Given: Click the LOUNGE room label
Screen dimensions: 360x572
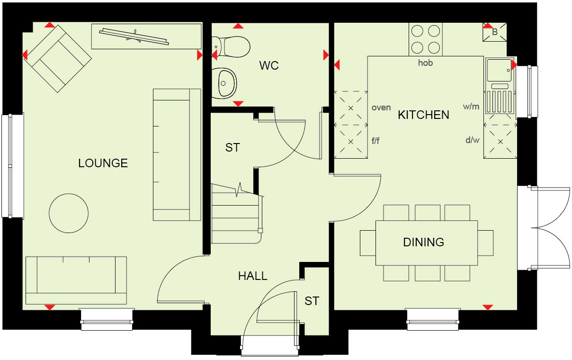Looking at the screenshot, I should click(103, 163).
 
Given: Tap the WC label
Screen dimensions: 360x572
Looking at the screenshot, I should click(268, 65).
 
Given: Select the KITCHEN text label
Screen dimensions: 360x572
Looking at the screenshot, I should click(423, 115).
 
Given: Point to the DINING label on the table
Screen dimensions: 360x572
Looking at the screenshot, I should click(423, 243).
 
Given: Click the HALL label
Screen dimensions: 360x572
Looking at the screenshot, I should click(252, 276).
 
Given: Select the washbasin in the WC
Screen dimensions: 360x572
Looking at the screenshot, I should click(225, 83).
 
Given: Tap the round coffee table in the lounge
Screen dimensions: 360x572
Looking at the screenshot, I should click(69, 213).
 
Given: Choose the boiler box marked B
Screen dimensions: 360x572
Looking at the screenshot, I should click(495, 32).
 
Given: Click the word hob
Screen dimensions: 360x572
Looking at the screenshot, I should click(425, 63).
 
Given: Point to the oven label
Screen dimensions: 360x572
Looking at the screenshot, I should click(381, 108).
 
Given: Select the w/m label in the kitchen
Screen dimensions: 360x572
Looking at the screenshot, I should click(471, 107).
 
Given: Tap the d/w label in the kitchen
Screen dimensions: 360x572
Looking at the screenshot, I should click(472, 140).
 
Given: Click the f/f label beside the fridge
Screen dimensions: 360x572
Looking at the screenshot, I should click(375, 140).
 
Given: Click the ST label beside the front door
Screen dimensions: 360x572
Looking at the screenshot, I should click(312, 301).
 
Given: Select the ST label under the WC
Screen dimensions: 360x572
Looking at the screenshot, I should click(232, 148).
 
